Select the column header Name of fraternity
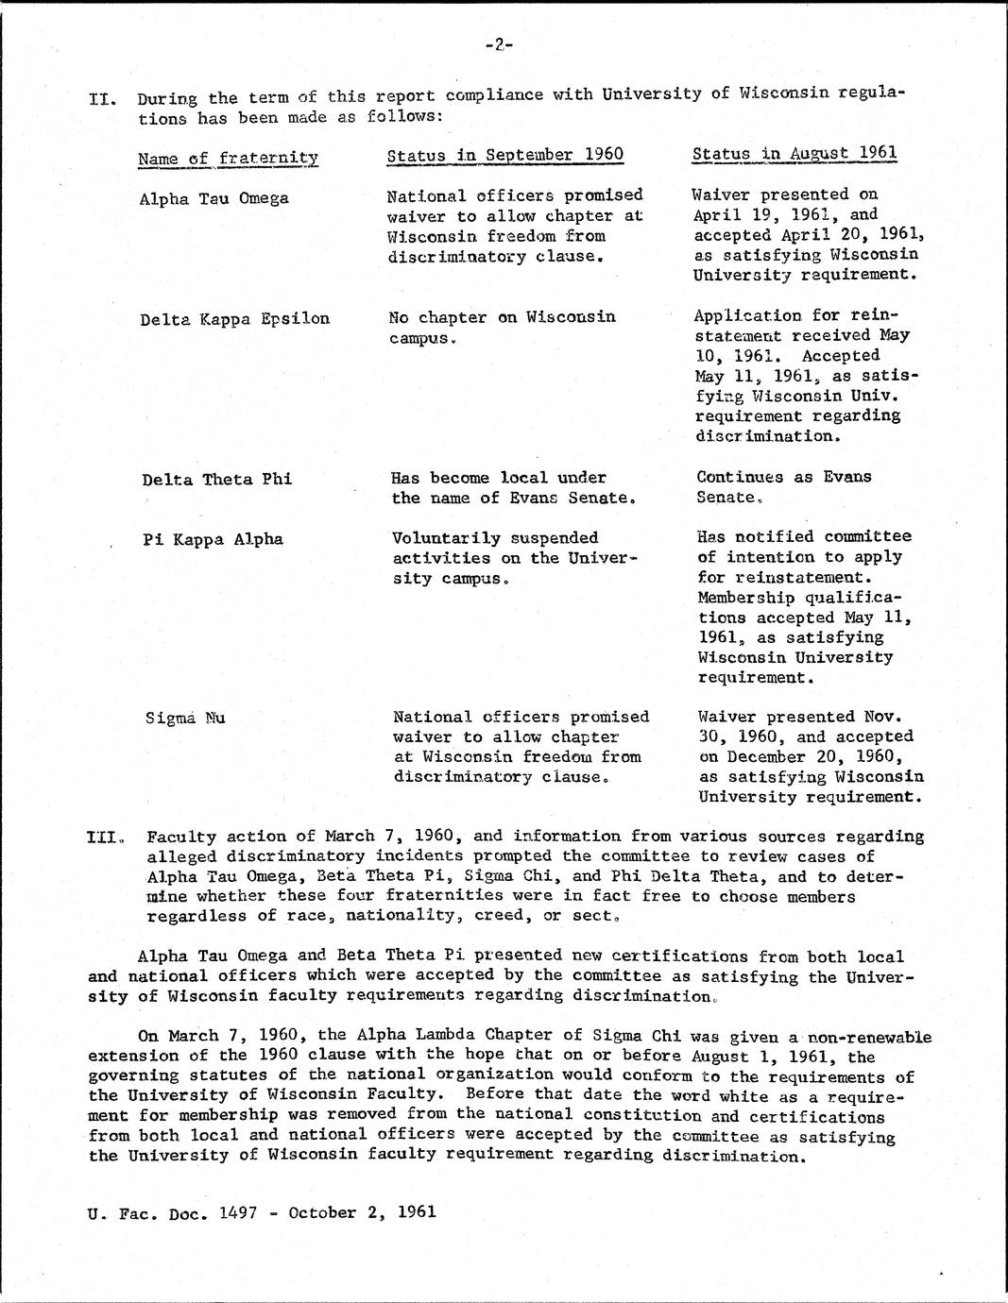click(x=228, y=158)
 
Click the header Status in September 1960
click(x=505, y=155)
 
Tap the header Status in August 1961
click(x=794, y=153)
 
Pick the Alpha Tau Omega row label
click(x=214, y=199)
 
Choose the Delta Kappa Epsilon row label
click(x=235, y=318)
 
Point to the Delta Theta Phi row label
click(x=216, y=479)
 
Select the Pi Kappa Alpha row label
click(x=214, y=539)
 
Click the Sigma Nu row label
click(x=185, y=718)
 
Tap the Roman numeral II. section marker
click(x=101, y=98)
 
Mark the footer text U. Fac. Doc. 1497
click(x=168, y=1212)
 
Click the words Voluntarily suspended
click(x=495, y=538)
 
